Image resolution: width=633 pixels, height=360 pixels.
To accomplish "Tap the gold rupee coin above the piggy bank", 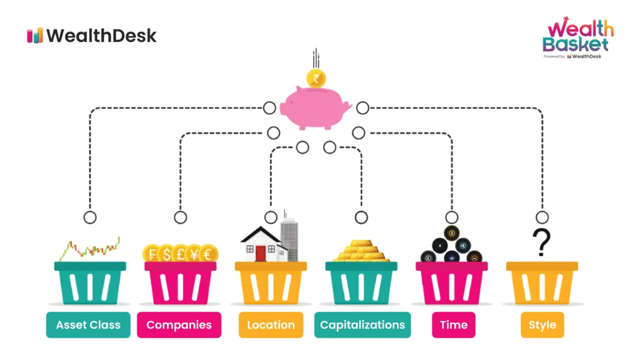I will point(316,79).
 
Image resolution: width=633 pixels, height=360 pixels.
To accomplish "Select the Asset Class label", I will point(88,325).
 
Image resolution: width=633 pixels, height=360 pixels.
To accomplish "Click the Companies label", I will point(179,325).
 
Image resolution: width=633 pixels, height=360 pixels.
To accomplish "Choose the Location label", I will point(271,325).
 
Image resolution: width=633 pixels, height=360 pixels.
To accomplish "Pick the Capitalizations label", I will point(362,325).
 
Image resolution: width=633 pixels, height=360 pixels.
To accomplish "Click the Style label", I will point(542,325).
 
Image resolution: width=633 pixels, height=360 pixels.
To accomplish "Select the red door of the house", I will point(260,252).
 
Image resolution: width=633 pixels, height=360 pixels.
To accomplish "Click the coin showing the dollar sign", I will point(166,254).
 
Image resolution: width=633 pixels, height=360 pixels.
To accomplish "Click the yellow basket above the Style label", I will point(542,282).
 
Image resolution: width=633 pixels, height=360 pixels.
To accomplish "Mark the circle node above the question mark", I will point(542,217).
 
